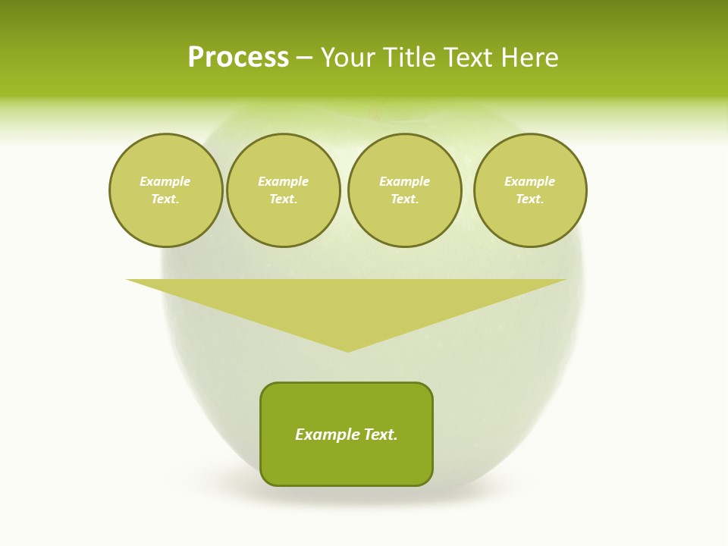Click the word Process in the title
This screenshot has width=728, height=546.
238,58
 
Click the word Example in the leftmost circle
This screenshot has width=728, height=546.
165,182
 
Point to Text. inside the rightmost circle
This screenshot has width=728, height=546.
530,199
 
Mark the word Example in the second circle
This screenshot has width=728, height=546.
283,182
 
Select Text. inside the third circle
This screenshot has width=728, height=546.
404,199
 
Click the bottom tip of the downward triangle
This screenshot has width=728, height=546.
347,350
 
